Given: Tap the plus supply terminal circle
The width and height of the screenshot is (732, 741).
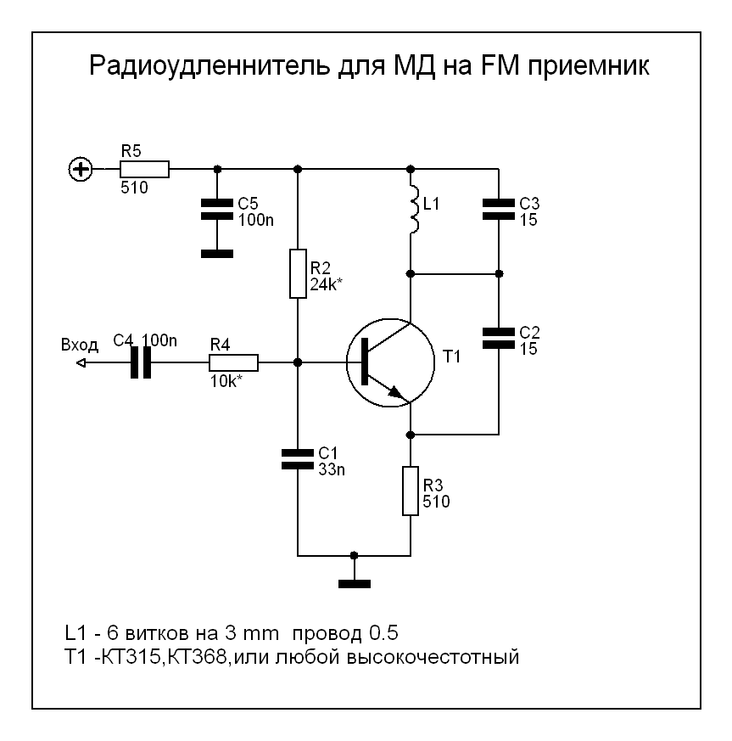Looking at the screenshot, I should click(81, 170).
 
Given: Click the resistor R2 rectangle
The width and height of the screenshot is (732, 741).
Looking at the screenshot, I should click(297, 273).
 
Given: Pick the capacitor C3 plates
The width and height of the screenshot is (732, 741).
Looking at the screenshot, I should click(498, 210).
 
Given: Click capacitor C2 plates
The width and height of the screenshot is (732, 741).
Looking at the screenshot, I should click(498, 337).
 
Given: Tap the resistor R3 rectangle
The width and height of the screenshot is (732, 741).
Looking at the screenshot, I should click(410, 491).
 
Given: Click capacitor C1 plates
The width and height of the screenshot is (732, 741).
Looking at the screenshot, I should click(297, 459).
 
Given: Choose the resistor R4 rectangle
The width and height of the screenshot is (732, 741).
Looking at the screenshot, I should click(233, 362).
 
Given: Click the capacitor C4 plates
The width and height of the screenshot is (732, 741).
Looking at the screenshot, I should click(142, 362).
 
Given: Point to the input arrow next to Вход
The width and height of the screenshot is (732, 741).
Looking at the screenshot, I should click(81, 362).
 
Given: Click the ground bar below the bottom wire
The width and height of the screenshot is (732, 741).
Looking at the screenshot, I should click(355, 583).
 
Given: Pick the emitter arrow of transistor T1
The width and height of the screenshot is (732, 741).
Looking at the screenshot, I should click(394, 392).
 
